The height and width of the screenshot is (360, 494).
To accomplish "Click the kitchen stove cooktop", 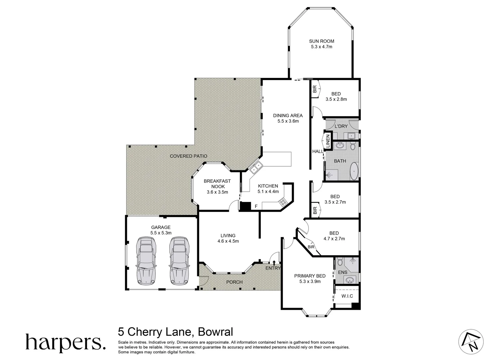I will click(x=283, y=201).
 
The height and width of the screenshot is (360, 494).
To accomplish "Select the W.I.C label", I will click(x=347, y=296).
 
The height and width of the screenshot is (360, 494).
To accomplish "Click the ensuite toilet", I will click(x=339, y=262).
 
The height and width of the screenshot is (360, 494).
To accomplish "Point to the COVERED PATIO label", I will click(x=189, y=156).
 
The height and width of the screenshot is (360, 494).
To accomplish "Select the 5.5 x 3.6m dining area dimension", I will click(x=288, y=121).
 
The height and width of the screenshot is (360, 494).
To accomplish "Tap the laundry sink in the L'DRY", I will click(x=351, y=136).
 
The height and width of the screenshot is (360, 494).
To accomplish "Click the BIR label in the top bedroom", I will click(x=314, y=89).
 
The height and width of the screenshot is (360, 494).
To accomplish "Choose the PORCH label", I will click(x=235, y=282).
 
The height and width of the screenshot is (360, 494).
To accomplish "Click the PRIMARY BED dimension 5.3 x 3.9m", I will click(x=310, y=281).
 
